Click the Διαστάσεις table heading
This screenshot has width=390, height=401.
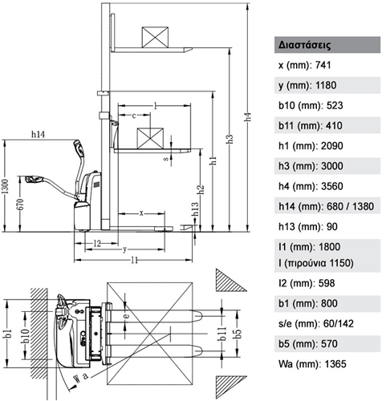point(304,45)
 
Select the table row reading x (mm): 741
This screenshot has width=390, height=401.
point(305,65)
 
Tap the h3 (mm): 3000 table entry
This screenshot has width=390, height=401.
point(311,166)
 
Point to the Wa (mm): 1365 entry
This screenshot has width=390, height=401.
point(312,364)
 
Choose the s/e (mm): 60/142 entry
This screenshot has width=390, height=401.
point(316,323)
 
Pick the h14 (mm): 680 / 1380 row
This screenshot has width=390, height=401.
point(326,206)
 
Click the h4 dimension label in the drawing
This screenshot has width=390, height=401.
point(248,117)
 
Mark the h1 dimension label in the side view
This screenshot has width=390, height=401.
point(213,160)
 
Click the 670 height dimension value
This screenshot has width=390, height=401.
point(21,204)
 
